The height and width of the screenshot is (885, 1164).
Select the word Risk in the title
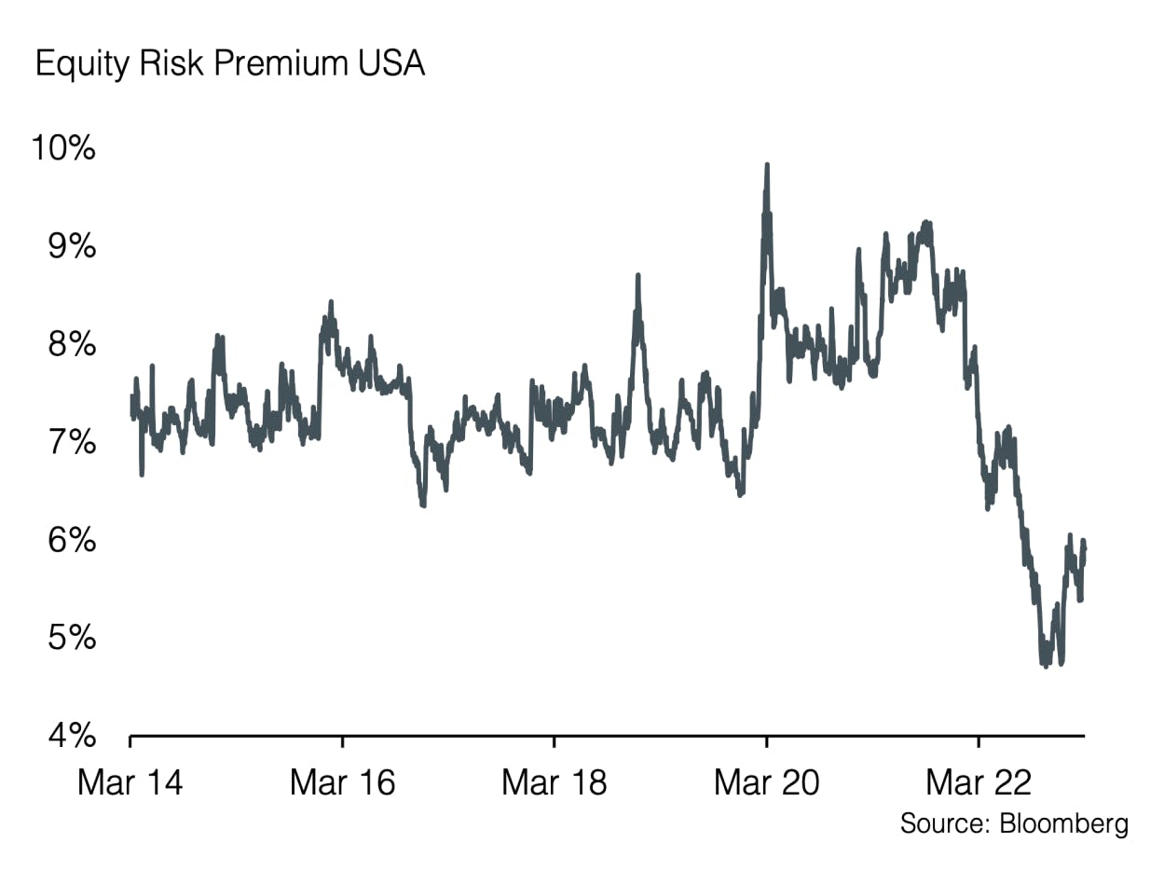click(x=166, y=64)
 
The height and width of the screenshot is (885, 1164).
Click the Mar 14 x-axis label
click(x=130, y=782)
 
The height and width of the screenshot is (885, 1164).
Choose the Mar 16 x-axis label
click(x=342, y=782)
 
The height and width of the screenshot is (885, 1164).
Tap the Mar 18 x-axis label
click(x=554, y=782)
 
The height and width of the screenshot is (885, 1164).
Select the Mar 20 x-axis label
click(x=766, y=782)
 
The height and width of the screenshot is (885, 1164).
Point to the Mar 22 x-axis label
click(x=979, y=782)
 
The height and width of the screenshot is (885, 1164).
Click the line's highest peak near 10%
click(x=767, y=166)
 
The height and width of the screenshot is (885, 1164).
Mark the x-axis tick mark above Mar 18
click(x=555, y=741)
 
